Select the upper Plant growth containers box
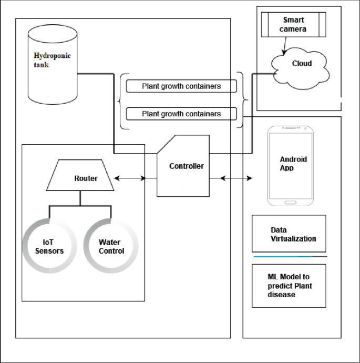click(x=181, y=86)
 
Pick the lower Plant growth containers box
click(x=181, y=114)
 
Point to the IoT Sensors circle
click(x=49, y=247)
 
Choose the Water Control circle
click(x=111, y=247)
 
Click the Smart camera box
click(x=293, y=25)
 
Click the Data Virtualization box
click(x=289, y=234)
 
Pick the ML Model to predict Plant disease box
click(x=289, y=286)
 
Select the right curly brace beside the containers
click(x=243, y=99)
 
